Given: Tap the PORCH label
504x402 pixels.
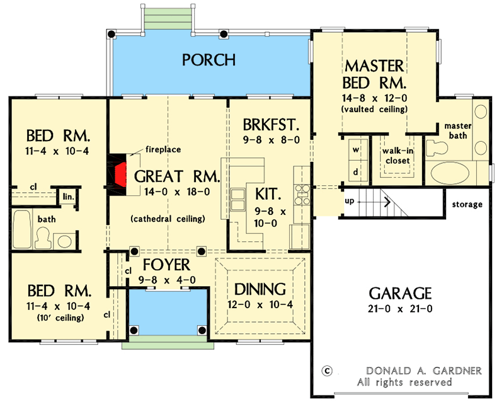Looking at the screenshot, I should pos(209,60).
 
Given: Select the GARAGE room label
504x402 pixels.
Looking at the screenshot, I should pos(400,293).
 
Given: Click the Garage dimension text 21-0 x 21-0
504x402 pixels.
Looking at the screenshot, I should pos(400,309).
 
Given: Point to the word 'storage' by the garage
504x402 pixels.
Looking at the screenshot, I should pos(467,204).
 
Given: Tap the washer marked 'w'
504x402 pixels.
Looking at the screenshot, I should pos(356,150).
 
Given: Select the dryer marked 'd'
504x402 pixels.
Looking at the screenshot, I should pos(356,171).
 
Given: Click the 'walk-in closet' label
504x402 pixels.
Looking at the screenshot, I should pos(396,156).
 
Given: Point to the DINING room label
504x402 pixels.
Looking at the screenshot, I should pos(260,289).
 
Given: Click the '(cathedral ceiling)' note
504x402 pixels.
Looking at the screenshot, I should pos(168,219).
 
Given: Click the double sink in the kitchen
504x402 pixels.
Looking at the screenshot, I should pos(239,202).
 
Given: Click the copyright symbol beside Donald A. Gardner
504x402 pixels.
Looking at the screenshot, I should pos(326,370).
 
